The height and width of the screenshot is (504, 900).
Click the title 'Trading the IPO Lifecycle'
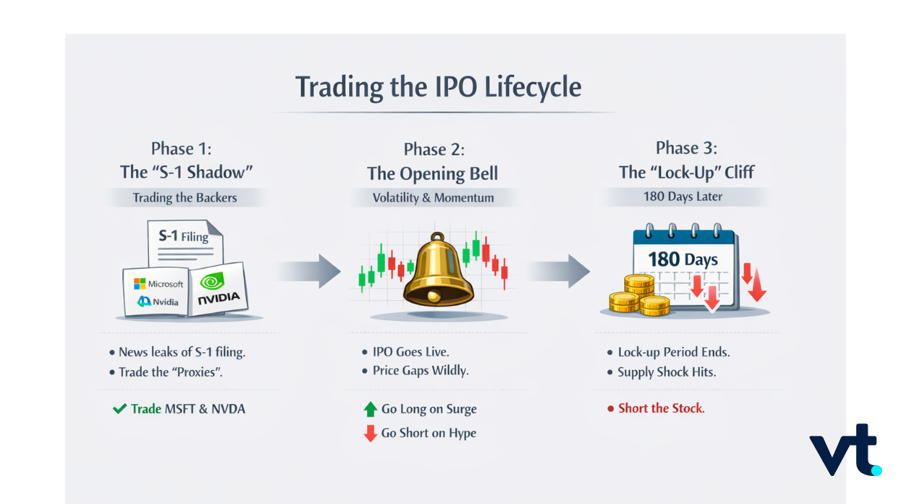click(438, 87)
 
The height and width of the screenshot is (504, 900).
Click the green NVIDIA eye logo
click(212, 281)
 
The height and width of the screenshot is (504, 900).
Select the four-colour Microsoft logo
click(140, 284)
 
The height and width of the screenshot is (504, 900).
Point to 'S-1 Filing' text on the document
click(184, 236)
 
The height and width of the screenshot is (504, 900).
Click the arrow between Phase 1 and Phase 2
click(309, 271)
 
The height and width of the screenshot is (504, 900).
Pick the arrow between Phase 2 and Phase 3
click(558, 271)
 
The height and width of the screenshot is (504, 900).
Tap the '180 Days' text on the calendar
click(683, 259)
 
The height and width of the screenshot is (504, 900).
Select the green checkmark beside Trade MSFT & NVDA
click(120, 409)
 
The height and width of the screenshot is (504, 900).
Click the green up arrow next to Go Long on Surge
click(370, 409)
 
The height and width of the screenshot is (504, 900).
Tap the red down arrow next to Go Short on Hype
click(370, 433)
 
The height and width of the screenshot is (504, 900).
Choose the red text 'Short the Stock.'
click(662, 408)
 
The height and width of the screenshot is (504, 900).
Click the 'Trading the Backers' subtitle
click(185, 198)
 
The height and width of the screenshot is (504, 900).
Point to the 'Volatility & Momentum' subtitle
click(433, 198)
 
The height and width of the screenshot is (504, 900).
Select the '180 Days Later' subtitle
click(683, 197)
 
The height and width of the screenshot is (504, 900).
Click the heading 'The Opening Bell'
click(433, 174)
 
